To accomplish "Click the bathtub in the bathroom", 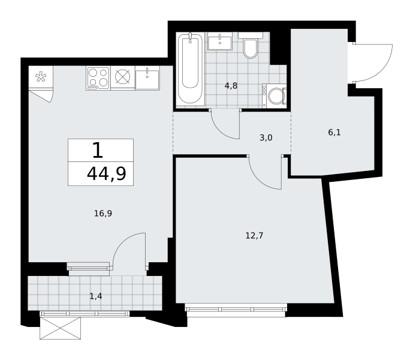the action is [190, 69].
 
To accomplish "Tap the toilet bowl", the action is [250, 49].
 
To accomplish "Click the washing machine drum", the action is [275, 96].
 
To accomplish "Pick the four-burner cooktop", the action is [98, 78].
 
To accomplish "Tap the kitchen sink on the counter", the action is [147, 79].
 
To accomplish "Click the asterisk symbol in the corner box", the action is [41, 77].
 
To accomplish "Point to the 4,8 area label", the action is [231, 86].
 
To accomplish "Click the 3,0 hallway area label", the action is [266, 137].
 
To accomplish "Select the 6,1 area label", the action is [334, 133].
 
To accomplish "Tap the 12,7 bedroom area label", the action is [254, 236].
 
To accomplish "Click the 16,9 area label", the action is [103, 214].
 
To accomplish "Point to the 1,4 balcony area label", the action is [96, 296].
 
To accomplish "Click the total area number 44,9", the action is [107, 174].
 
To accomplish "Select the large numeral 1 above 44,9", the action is [98, 150].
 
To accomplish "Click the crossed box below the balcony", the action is [61, 328].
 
